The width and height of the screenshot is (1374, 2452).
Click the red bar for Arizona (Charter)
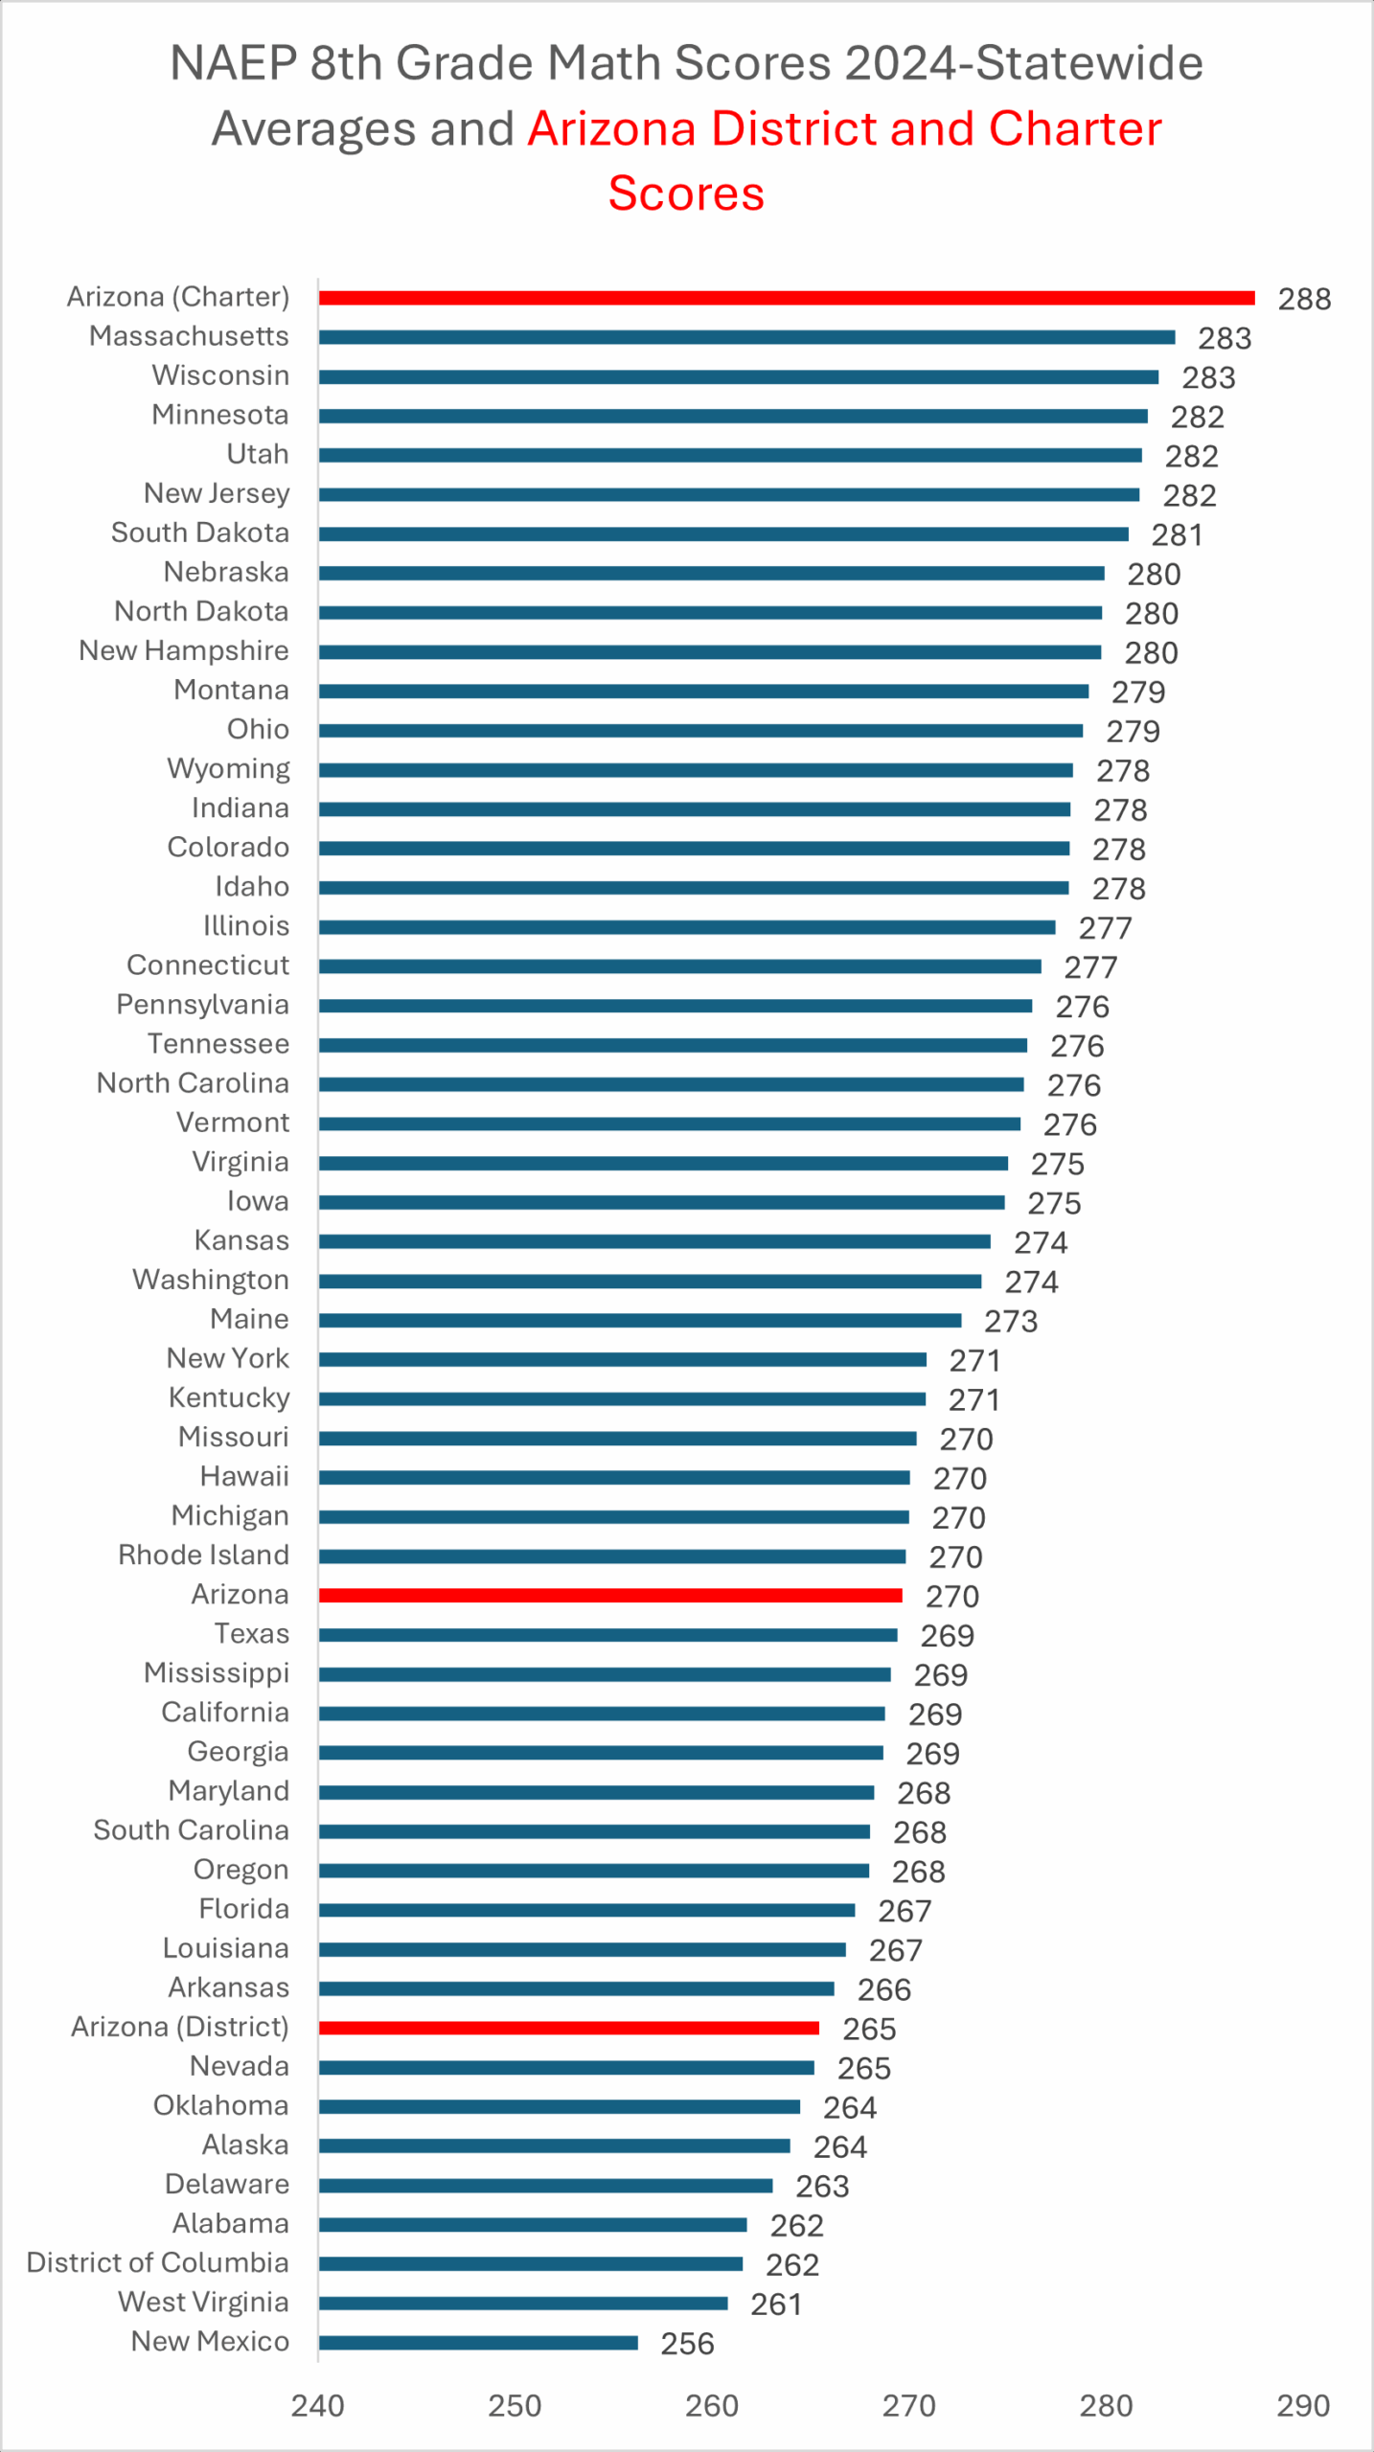tap(786, 298)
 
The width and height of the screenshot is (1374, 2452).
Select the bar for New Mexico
tap(478, 2343)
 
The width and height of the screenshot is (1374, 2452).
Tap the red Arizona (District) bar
tap(568, 2028)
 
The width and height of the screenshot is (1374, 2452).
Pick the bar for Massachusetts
tap(746, 337)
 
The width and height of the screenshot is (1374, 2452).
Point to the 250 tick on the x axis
tap(515, 2405)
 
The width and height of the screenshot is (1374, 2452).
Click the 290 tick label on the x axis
tap(1303, 2405)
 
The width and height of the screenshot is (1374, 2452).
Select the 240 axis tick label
tap(318, 2405)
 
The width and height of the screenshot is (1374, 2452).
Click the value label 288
tap(1304, 299)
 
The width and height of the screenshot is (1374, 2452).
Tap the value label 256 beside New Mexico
tap(687, 2344)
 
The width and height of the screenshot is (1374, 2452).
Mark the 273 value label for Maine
tap(1011, 1322)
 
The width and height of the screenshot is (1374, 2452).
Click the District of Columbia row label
tap(158, 2262)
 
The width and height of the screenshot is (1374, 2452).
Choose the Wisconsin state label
tap(220, 375)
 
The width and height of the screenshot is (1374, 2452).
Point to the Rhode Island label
tap(203, 1555)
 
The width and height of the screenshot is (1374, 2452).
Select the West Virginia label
tap(203, 2302)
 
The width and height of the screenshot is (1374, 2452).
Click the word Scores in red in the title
tap(686, 193)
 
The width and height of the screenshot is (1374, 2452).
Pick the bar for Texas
tap(607, 1635)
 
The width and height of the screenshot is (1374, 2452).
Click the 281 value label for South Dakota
tap(1177, 534)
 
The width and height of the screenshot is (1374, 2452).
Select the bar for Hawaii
tap(614, 1478)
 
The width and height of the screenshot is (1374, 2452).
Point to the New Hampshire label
tap(184, 650)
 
